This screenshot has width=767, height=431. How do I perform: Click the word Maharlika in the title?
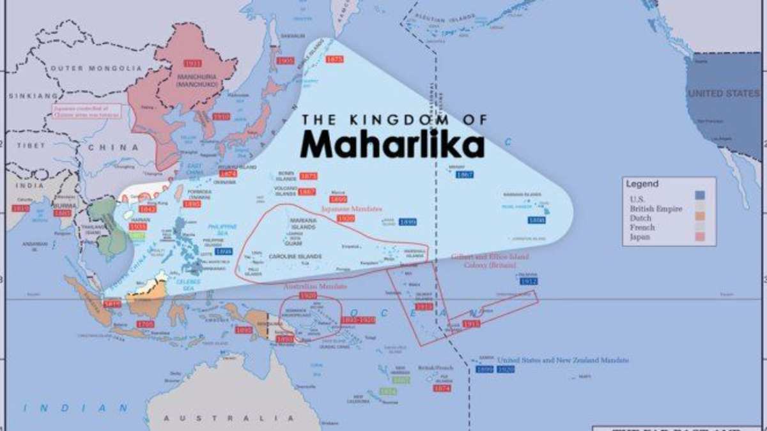pos(392,144)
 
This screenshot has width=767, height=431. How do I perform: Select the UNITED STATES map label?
pos(724,94)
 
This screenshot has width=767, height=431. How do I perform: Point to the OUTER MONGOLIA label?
pos(96,68)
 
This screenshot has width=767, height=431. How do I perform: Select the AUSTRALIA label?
pos(222,418)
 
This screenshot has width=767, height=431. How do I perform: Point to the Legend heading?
pos(642,184)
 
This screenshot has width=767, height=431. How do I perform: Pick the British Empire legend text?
pos(656,209)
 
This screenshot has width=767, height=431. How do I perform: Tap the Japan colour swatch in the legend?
pos(701,237)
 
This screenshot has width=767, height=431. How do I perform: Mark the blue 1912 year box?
pos(529,281)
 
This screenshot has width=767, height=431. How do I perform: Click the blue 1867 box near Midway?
pos(464,174)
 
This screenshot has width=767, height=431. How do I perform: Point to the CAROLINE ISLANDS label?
pos(295,257)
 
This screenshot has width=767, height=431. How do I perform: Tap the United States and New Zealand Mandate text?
pos(562,360)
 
